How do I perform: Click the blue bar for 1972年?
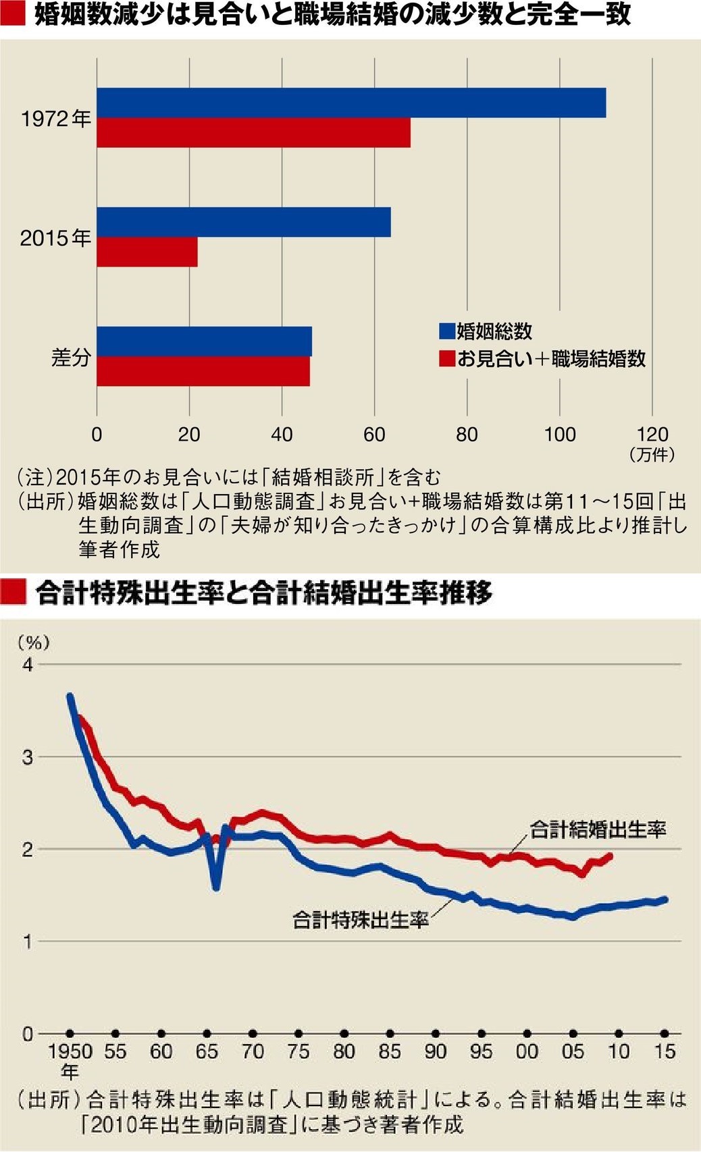coord(351,103)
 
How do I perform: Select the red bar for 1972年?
coord(253,133)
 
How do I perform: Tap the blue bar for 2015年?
coord(243,222)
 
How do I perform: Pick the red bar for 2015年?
coord(147,252)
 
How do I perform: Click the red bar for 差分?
coord(203,371)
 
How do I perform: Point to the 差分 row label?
coord(71,356)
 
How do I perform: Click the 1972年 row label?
coord(56,119)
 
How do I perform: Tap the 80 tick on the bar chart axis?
coord(467,434)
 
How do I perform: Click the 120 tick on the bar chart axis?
coord(652,434)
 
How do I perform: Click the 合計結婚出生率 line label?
coord(598,829)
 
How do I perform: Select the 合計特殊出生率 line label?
coord(361,919)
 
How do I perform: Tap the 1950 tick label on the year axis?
coord(70,1051)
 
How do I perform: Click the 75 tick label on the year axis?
coord(298,1051)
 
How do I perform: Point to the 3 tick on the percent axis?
coord(28,757)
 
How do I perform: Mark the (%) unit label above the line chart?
coord(34,642)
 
